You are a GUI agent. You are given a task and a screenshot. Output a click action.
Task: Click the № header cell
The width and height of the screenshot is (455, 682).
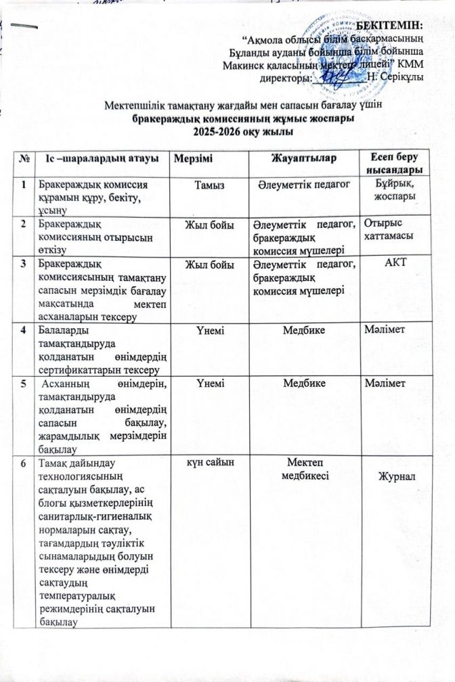tap(25, 159)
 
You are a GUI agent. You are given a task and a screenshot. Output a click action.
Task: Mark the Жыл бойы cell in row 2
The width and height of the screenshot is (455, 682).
tap(205, 222)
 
